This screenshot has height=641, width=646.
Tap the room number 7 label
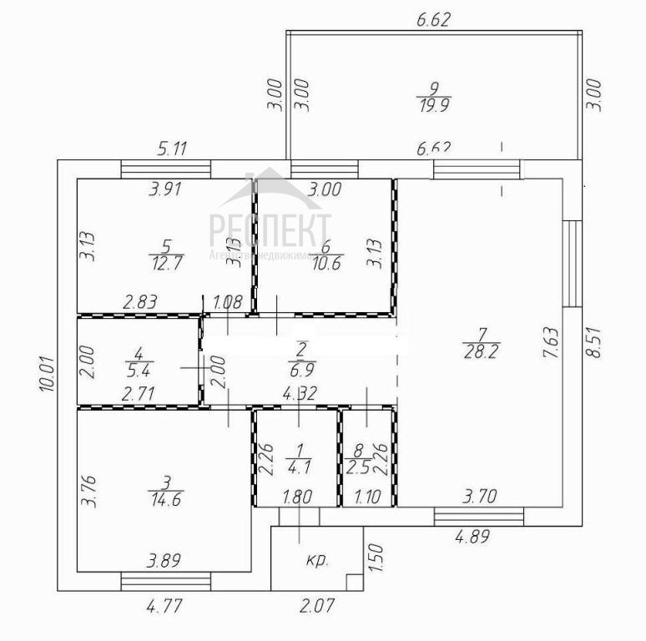click(x=477, y=336)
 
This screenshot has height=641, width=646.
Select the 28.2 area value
click(x=477, y=352)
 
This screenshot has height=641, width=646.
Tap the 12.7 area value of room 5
click(x=166, y=262)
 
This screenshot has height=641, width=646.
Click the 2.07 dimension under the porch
click(x=316, y=606)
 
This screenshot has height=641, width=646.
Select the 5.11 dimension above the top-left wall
click(x=172, y=150)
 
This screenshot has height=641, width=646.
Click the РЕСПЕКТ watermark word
click(x=270, y=227)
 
